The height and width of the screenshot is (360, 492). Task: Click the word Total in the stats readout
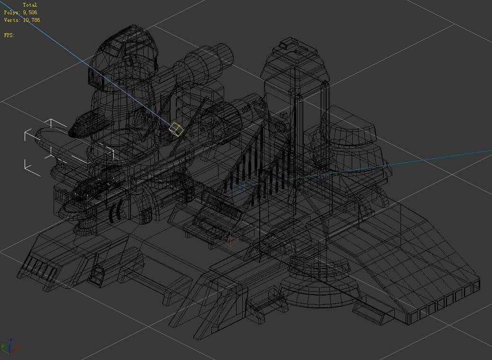coord(30,5)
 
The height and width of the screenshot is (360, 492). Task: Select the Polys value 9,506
coord(30,12)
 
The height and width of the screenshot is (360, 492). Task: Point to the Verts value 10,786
coord(31,20)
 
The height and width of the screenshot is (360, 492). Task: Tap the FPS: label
coord(9,35)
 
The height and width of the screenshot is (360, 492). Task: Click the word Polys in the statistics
coord(12,12)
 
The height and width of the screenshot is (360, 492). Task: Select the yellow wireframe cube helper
coord(176,129)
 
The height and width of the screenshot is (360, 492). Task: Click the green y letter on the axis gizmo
coord(2,346)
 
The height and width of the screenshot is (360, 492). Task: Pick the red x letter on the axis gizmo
coord(19,346)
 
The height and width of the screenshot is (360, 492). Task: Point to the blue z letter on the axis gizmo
coord(11,340)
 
